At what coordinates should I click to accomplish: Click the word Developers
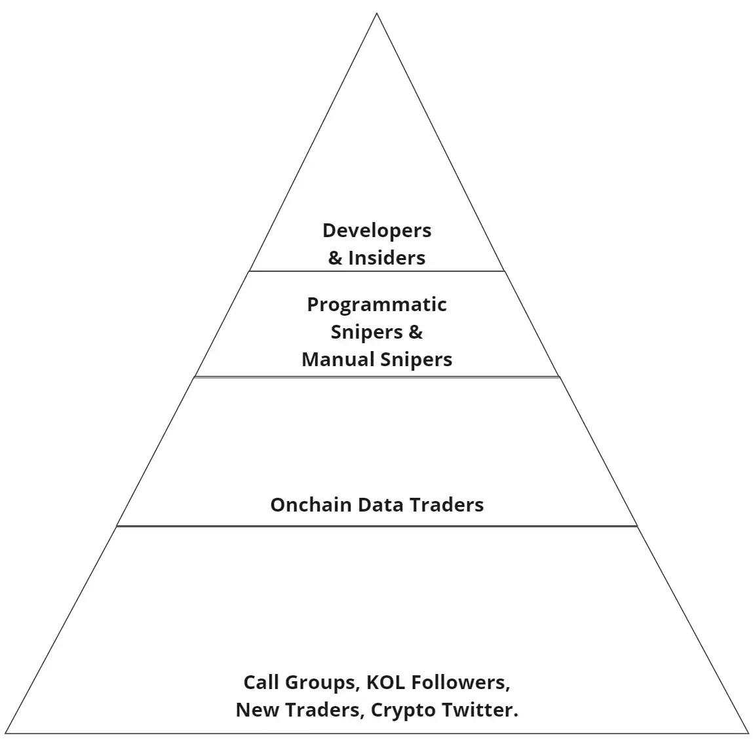click(x=377, y=231)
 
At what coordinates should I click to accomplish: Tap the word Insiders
click(x=387, y=258)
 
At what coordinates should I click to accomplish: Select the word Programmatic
click(x=377, y=305)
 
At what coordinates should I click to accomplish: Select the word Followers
click(x=462, y=683)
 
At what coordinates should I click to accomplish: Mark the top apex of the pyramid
click(x=377, y=14)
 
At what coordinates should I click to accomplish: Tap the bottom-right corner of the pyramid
click(x=748, y=733)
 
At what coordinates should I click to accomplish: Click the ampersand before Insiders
click(x=335, y=258)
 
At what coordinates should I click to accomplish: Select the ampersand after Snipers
click(x=415, y=332)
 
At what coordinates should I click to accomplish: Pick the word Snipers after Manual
click(x=416, y=360)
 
